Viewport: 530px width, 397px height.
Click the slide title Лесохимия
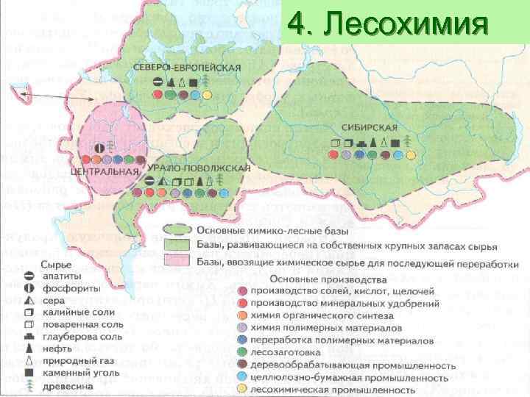pyautogui.click(x=387, y=25)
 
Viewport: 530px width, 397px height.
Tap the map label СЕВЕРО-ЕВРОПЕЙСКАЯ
pyautogui.click(x=187, y=67)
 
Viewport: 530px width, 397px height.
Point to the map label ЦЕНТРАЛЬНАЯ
pyautogui.click(x=105, y=171)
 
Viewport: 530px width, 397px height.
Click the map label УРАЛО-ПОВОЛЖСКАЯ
pyautogui.click(x=199, y=168)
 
